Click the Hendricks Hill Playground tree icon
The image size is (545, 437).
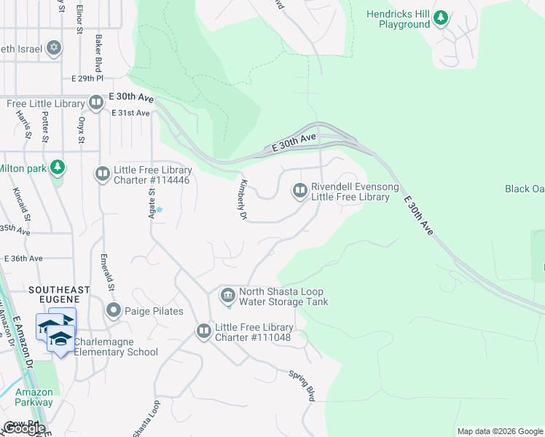coord(440,17)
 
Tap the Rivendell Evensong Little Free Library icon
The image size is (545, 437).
coord(299,191)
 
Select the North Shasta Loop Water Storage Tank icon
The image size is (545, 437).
coord(227,295)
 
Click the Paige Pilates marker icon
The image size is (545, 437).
coord(113,311)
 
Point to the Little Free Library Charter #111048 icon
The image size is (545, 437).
coord(203,331)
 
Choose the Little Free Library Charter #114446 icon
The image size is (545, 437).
coord(102,174)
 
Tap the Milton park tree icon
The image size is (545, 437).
coord(58,168)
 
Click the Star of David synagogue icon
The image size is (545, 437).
coord(53,49)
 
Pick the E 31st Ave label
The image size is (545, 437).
coord(130,113)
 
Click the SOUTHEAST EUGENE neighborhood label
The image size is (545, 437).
coord(58,290)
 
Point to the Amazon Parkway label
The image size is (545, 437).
coord(34,397)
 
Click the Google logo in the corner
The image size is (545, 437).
coord(23,428)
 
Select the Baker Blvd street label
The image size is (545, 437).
coord(96,50)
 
